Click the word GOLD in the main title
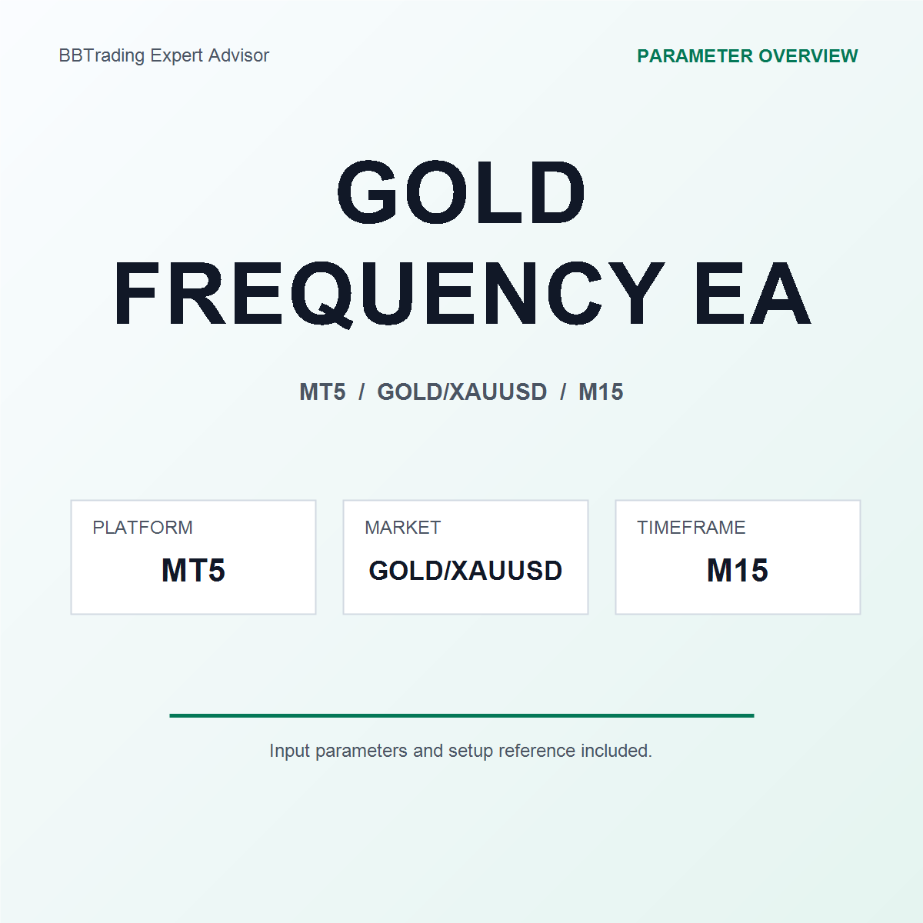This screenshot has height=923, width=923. pos(461,192)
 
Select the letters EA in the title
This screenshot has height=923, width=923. pos(752,293)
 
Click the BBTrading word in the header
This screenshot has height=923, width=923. pos(102,56)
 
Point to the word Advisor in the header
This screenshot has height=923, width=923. pos(238,55)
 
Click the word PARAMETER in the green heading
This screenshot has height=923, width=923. pos(695,56)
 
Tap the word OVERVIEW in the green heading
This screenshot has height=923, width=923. pos(808,56)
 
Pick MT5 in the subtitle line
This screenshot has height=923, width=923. pos(322,392)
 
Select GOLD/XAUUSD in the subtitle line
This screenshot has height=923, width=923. pos(461,392)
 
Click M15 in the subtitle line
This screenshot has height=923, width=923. pos(601,392)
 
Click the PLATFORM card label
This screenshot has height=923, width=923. pos(143,528)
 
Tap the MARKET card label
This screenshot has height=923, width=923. pos(403,528)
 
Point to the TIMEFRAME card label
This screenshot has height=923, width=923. pos(691,528)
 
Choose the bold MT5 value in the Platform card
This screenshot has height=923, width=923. pos(193,570)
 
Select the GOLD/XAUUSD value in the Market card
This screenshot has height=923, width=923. pos(465,571)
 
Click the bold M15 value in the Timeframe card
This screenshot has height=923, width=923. pos(738,570)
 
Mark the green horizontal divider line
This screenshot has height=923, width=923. pos(461,715)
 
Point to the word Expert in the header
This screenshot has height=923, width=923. pos(177,56)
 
